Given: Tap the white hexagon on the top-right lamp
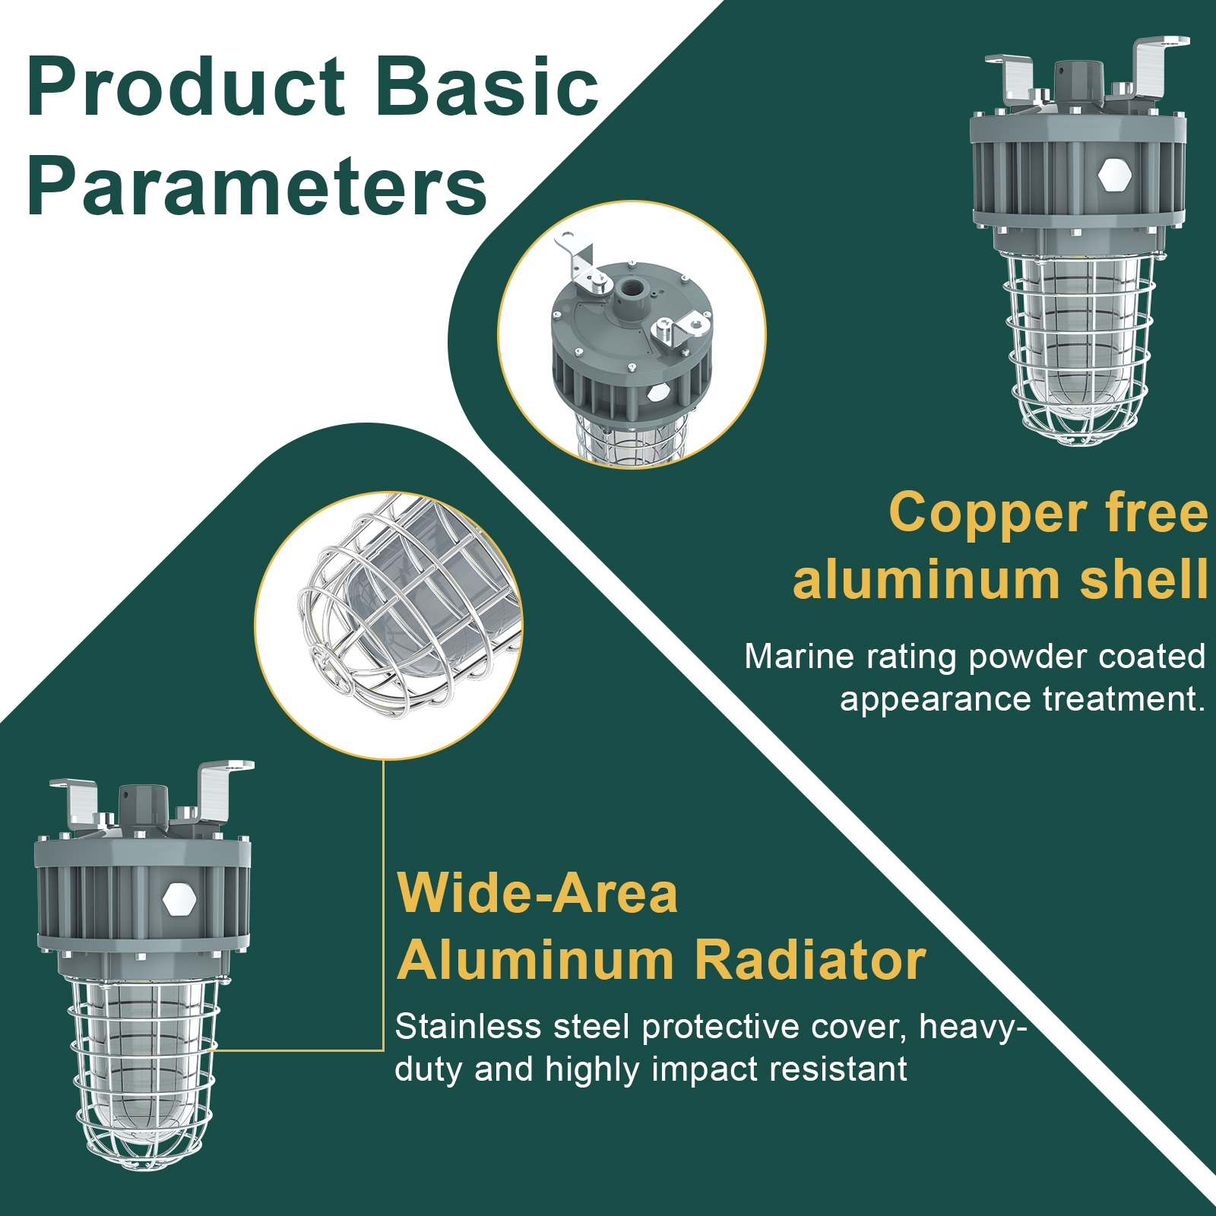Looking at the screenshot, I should tap(1115, 175).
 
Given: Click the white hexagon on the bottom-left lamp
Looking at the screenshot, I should tap(179, 899).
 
